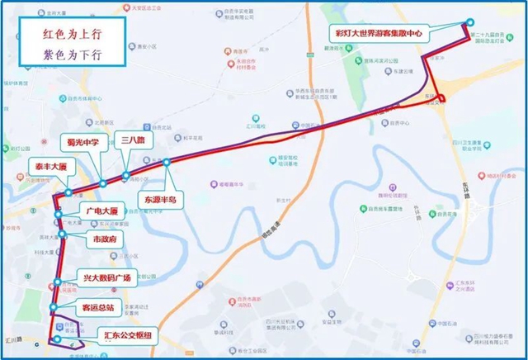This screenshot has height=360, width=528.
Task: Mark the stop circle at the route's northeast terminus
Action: click(470, 22)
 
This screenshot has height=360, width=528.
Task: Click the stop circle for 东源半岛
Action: click(167, 162)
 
